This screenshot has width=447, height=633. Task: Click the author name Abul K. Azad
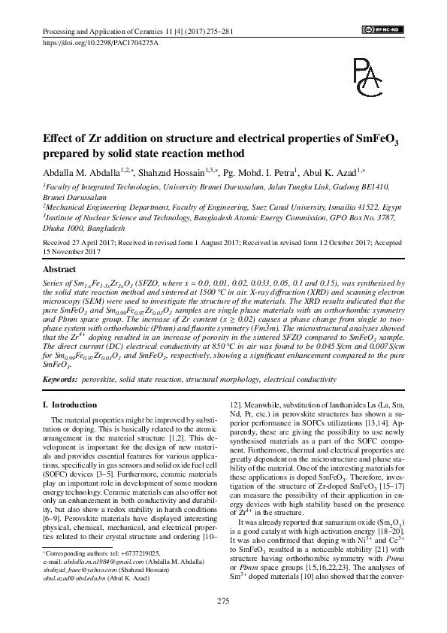(334, 171)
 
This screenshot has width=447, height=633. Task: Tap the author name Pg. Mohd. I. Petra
(257, 171)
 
